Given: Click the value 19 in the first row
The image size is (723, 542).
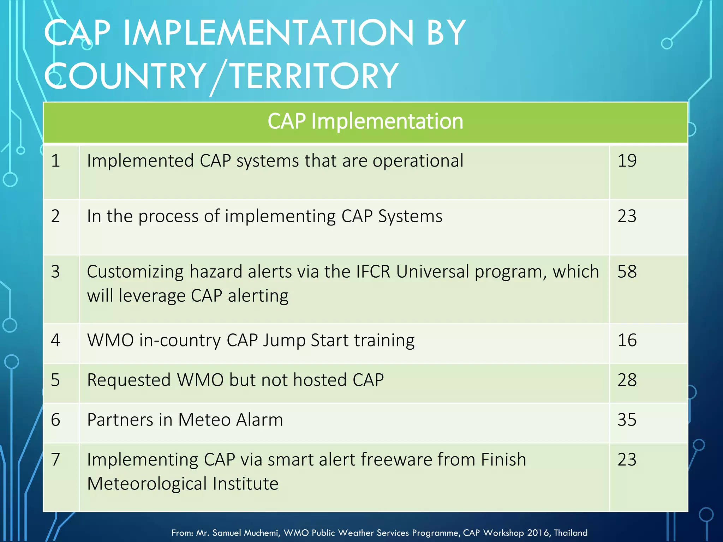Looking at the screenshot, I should click(627, 161).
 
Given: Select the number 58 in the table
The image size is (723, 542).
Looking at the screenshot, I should click(627, 272).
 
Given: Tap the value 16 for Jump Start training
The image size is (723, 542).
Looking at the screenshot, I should click(627, 340).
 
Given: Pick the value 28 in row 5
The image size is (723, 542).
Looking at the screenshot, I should click(627, 380).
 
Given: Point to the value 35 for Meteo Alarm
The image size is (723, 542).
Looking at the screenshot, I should click(627, 420).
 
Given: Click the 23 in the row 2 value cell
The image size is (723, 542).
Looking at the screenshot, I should click(627, 216).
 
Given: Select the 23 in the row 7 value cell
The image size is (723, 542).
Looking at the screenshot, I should click(627, 460).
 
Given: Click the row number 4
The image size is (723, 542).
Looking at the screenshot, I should click(55, 340).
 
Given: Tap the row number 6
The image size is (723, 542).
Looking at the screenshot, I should click(55, 420).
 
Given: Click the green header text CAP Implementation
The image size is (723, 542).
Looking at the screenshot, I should click(365, 121).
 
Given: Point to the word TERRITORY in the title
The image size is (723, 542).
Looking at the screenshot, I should click(314, 76).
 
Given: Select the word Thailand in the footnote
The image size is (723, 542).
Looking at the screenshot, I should click(570, 533).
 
